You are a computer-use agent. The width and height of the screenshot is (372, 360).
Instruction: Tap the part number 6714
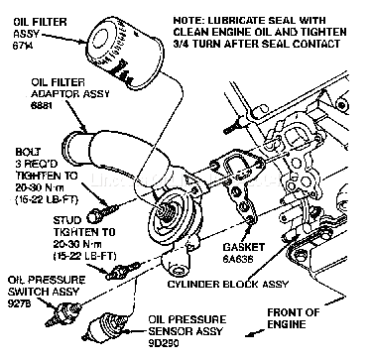(x=23, y=46)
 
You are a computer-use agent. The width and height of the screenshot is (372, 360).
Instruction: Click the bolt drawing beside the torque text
(x=103, y=212)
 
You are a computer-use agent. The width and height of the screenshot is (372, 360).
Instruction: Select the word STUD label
(x=67, y=220)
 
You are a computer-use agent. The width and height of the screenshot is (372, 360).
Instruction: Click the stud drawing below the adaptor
(x=123, y=270)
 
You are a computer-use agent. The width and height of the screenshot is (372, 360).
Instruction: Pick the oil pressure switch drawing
(x=63, y=313)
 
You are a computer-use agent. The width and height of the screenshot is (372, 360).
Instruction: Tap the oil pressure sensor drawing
(x=105, y=325)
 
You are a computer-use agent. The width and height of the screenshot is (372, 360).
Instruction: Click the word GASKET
(x=244, y=247)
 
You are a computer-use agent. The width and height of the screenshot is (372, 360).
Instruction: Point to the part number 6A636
(x=238, y=259)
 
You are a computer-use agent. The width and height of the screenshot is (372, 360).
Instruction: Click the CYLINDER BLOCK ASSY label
(x=228, y=284)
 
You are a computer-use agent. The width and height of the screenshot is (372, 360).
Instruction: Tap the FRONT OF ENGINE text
(x=294, y=318)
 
